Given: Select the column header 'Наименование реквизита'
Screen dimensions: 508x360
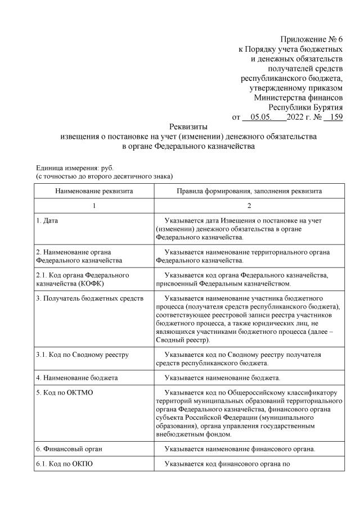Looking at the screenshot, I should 94,191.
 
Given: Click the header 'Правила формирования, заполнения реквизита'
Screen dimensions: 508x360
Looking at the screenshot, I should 249,191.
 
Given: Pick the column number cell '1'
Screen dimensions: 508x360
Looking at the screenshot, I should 94,206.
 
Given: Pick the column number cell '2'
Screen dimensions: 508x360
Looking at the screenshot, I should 249,206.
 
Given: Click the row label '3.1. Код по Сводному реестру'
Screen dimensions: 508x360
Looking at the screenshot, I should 82,355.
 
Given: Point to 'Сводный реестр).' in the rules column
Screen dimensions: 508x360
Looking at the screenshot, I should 183,340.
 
